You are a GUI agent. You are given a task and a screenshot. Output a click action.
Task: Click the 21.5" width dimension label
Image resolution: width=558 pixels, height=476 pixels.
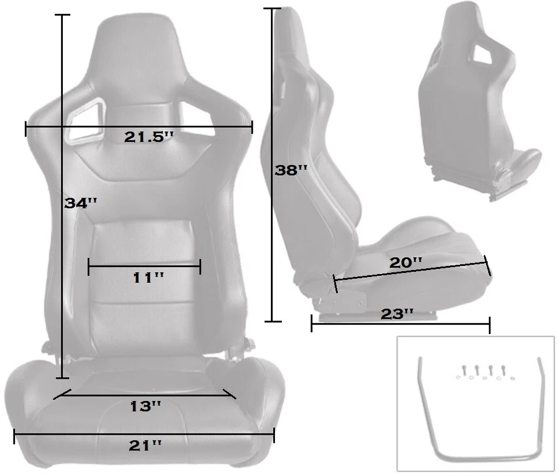[x=149, y=137]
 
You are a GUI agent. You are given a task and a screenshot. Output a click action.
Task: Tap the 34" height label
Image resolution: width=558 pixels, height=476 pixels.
[x=80, y=203]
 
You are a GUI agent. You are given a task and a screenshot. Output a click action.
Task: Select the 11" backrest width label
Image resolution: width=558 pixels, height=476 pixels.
[x=149, y=278]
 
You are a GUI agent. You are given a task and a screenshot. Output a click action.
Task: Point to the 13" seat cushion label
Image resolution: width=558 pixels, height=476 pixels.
[x=145, y=406]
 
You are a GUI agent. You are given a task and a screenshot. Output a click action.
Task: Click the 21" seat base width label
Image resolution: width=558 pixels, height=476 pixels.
[x=145, y=446]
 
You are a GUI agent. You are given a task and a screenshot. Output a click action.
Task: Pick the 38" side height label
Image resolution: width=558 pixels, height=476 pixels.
[x=291, y=170]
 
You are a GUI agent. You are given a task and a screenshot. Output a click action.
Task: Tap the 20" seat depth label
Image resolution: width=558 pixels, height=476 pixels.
[x=405, y=262]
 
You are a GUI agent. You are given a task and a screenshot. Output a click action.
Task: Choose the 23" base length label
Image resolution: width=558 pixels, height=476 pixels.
[x=397, y=314]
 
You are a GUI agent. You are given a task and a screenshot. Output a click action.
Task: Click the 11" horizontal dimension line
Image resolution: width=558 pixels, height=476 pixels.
[x=144, y=267]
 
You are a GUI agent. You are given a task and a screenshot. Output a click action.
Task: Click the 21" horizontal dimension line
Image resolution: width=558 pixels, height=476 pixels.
[x=144, y=434]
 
